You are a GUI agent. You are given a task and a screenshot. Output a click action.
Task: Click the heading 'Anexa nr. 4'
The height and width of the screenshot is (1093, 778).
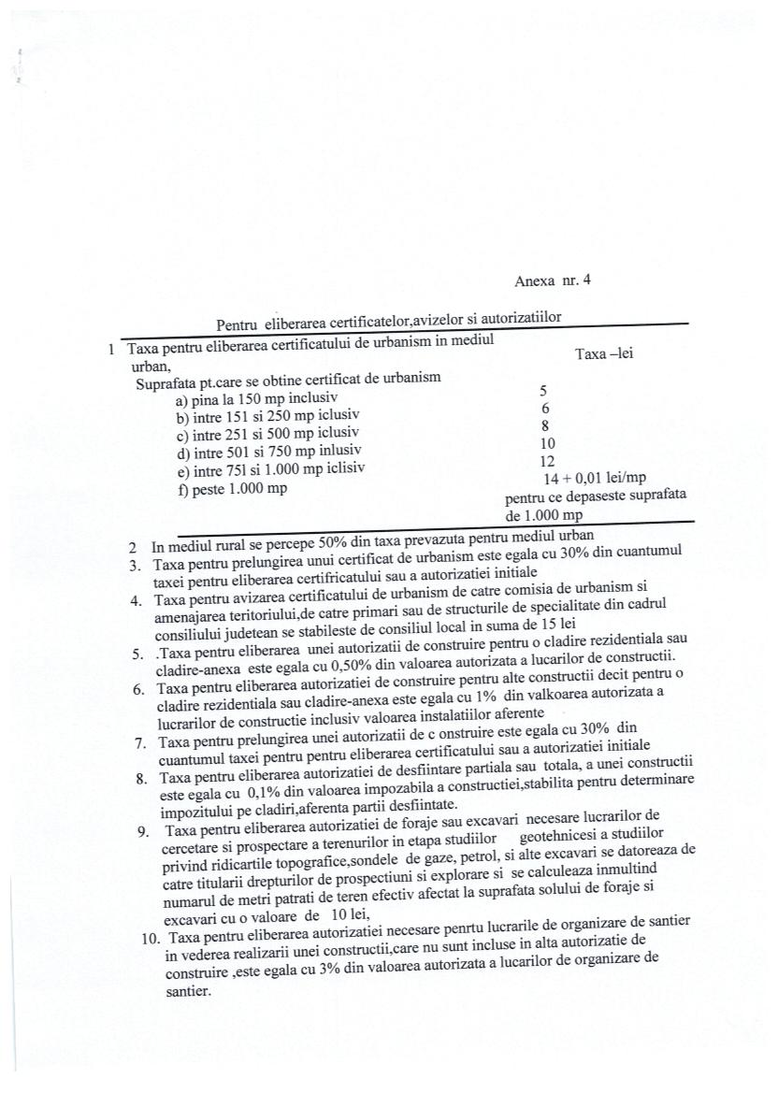[553, 280]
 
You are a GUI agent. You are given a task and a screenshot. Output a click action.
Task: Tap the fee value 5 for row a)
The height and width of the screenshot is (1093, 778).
[543, 391]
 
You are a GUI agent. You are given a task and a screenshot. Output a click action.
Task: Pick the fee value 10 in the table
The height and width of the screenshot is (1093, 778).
[548, 444]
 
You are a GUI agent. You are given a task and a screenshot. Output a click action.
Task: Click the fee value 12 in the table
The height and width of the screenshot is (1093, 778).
[548, 462]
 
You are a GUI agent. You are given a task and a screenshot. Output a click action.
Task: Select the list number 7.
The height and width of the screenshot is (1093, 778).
[139, 743]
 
